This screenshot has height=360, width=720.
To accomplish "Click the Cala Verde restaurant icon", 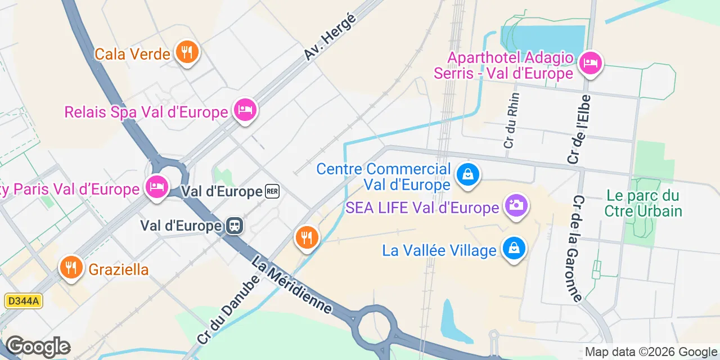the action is click(186, 53).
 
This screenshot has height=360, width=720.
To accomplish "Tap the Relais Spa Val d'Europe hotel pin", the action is click(245, 110).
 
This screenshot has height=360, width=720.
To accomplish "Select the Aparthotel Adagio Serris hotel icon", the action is click(590, 63).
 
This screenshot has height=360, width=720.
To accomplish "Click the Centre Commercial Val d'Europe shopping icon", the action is click(467, 174).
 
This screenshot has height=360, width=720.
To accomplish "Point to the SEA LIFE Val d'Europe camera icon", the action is click(515, 206).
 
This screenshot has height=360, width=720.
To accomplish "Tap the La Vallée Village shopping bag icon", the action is click(514, 248).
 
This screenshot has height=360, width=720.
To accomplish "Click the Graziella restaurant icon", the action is click(71, 267).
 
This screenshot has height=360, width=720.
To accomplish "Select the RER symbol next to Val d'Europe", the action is click(272, 192).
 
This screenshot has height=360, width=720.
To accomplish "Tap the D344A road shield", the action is click(23, 301).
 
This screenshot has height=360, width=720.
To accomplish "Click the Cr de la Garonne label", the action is click(578, 249).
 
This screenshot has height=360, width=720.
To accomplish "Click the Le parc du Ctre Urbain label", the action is click(643, 204).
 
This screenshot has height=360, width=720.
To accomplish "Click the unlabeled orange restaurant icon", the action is click(307, 237).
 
